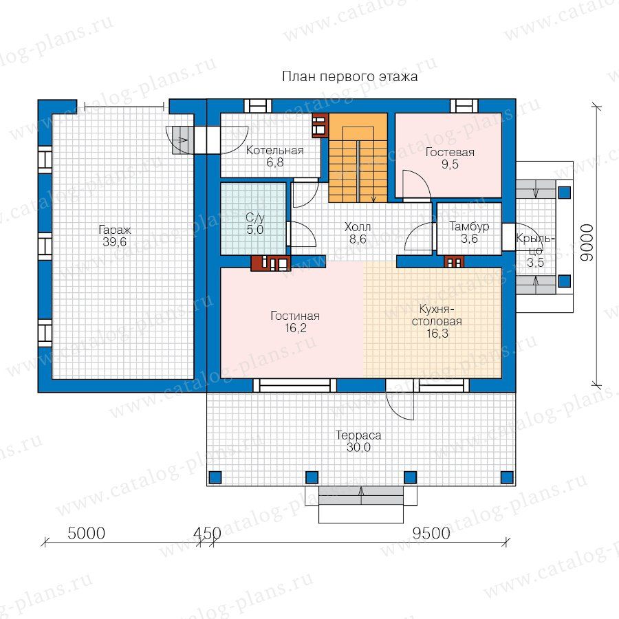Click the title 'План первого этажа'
tap(350, 76)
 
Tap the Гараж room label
tap(114, 229)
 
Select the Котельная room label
tap(274, 150)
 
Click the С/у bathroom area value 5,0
tap(255, 230)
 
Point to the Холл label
tap(358, 227)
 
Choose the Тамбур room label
tap(469, 226)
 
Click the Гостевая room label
tap(450, 153)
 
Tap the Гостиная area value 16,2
tap(296, 328)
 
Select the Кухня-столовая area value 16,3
tap(437, 334)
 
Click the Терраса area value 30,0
tap(358, 448)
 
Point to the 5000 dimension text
tap(87, 533)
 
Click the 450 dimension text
tap(207, 533)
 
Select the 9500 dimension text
tap(431, 533)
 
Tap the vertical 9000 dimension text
tap(587, 242)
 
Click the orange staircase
tap(358, 158)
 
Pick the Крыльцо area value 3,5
tap(535, 263)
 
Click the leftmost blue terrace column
tap(215, 477)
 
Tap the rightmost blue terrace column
tap(507, 477)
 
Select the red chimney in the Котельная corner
tap(320, 126)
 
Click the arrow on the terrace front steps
tap(361, 495)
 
